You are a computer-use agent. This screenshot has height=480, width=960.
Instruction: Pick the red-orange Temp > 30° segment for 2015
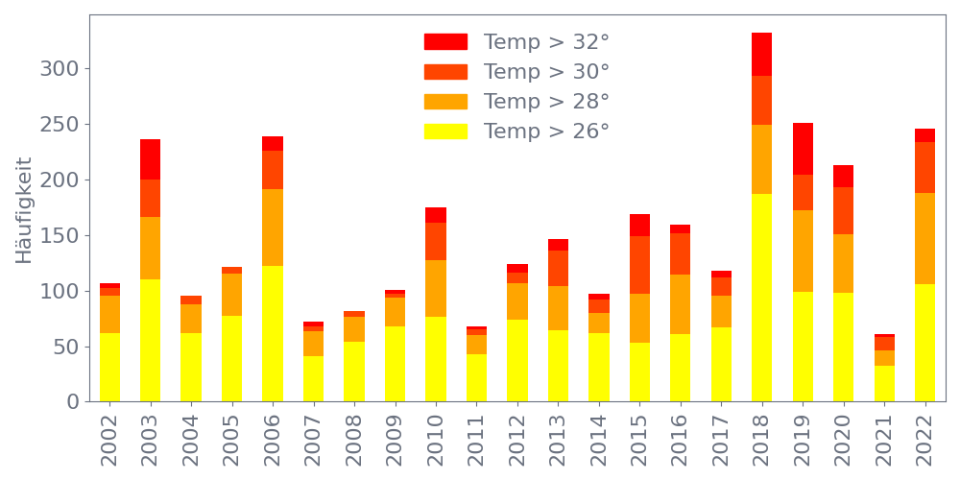(639, 265)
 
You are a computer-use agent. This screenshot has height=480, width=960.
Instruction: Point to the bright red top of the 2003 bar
(150, 159)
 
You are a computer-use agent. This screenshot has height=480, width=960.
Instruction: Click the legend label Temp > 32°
(546, 42)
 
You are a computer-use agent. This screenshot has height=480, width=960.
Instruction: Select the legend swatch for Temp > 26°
(445, 132)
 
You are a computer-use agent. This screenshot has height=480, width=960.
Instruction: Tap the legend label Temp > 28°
(546, 102)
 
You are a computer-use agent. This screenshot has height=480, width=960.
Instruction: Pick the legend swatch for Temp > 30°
(445, 72)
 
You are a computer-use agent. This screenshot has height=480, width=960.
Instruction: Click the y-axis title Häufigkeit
(24, 210)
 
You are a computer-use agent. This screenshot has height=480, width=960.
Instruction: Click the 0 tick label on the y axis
(73, 402)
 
